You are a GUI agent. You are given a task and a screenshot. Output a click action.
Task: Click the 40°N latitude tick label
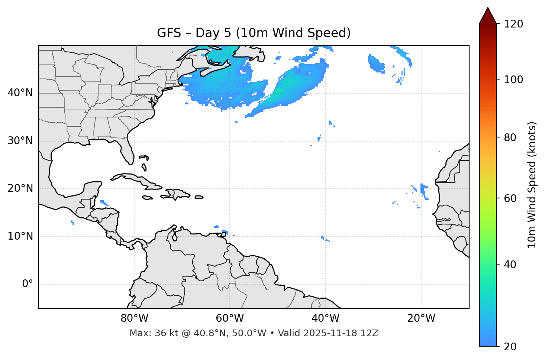point(20,93)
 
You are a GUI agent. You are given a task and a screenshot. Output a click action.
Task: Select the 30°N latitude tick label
point(20,141)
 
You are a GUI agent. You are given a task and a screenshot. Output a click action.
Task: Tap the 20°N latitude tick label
point(20,188)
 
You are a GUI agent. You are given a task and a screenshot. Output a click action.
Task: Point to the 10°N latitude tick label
point(20,236)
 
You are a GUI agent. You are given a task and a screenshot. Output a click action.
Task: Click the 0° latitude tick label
point(28,284)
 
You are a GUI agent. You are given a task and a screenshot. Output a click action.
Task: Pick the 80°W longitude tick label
point(134,318)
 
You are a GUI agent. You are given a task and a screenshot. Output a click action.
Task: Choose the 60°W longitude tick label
point(230,318)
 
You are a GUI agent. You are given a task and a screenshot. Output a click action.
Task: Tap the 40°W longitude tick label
point(325,318)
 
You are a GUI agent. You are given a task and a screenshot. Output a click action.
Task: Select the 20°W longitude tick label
point(421,318)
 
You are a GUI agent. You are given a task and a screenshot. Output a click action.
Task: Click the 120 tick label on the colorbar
point(513,24)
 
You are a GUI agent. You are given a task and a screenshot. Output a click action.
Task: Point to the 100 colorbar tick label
point(513,80)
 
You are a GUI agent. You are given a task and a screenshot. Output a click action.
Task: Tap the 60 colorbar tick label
point(510,198)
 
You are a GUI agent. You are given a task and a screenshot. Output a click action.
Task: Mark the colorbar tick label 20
point(510,347)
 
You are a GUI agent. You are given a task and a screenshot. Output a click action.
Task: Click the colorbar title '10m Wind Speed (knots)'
point(532,185)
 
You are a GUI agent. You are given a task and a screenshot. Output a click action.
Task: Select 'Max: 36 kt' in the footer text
point(148,333)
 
